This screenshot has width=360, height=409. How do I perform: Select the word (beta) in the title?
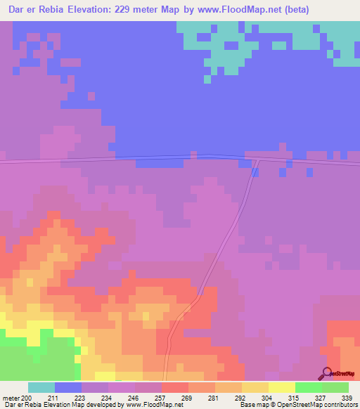pyautogui.click(x=274, y=10)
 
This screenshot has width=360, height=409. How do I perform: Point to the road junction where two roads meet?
pyautogui.click(x=257, y=160)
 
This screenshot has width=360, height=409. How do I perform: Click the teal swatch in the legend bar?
pyautogui.click(x=41, y=387)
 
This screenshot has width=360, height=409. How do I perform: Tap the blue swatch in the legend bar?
pyautogui.click(x=68, y=387)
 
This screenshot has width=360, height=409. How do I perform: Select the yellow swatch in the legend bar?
pyautogui.click(x=282, y=387)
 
